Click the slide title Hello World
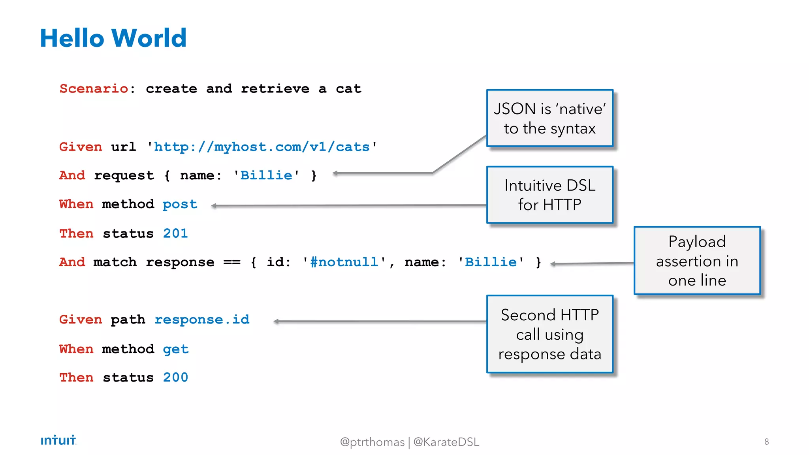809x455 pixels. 113,38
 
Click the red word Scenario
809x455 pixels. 94,88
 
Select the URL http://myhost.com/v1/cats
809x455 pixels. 262,147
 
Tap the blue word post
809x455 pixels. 180,204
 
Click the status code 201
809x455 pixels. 175,233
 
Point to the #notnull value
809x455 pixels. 344,262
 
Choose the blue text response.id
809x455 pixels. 202,319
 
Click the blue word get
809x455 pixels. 175,349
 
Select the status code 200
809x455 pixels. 175,378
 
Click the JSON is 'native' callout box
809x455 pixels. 549,118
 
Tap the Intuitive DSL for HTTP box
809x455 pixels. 549,195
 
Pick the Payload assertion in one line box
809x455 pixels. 697,261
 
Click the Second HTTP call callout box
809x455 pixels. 549,334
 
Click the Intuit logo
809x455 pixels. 58,440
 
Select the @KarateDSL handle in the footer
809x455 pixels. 446,442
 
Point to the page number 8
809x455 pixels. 766,442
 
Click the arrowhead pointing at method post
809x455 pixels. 214,205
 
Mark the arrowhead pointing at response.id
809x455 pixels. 276,322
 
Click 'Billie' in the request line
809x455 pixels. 266,175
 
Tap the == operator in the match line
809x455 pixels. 232,262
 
